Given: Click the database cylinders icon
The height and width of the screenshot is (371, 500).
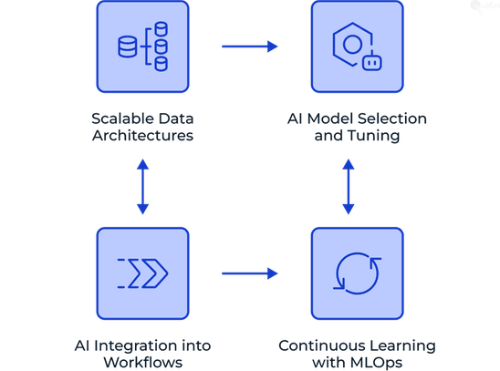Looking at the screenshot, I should point(143,47).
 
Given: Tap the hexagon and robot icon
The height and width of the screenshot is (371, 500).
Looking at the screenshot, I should point(357,47).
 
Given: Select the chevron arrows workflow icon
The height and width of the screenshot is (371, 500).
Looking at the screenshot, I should point(143,272).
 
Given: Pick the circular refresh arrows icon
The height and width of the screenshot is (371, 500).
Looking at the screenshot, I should point(357,272).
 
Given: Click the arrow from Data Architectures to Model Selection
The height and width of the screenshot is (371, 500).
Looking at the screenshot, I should point(249,45).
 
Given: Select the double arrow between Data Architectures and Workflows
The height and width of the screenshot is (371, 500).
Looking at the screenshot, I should point(141,188).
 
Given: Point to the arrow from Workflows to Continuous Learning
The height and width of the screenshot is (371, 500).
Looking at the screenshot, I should point(249,272).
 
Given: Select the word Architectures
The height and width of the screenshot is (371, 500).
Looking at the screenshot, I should point(143,137).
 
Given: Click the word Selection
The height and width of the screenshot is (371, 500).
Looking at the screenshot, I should point(392,119).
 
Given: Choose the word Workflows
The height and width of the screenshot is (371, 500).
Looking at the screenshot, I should point(143,363).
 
